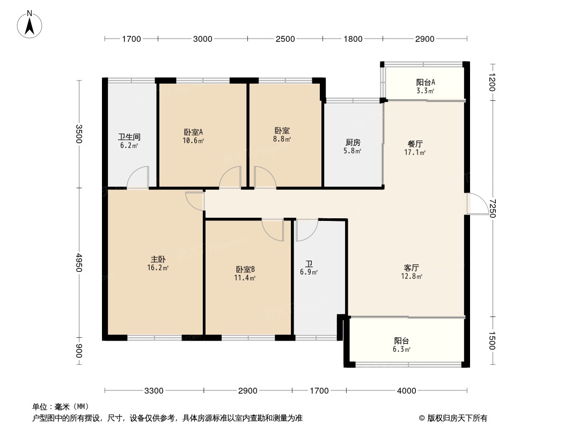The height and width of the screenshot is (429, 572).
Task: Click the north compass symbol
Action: pyautogui.click(x=31, y=25)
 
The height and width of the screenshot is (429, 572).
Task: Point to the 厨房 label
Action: pyautogui.click(x=353, y=142)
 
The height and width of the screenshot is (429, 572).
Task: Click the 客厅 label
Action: pyautogui.click(x=412, y=268)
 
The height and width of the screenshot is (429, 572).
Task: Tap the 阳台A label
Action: pyautogui.click(x=426, y=82)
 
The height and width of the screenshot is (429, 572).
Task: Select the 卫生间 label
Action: pyautogui.click(x=129, y=137)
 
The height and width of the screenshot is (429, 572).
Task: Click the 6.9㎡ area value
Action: pyautogui.click(x=310, y=272)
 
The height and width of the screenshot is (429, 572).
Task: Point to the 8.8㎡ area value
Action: pyautogui.click(x=282, y=139)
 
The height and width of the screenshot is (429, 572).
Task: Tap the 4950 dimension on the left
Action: pyautogui.click(x=79, y=263)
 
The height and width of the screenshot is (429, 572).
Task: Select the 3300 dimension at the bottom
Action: pyautogui.click(x=154, y=391)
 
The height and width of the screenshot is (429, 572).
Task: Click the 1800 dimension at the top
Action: pyautogui.click(x=353, y=39)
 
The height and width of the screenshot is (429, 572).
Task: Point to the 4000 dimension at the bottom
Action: pyautogui.click(x=406, y=391)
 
